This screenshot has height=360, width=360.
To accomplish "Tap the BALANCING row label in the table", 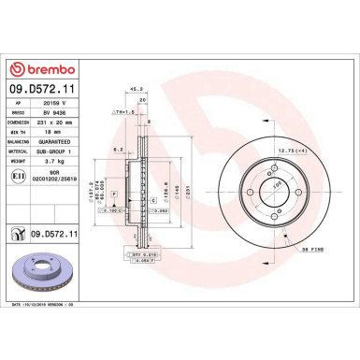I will pos(21,142).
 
